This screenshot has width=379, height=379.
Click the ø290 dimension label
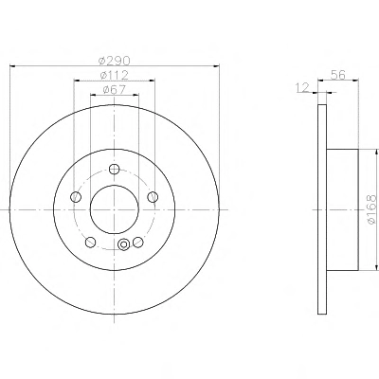114,60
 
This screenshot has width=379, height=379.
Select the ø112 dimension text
114,76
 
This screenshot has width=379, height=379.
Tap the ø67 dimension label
115,90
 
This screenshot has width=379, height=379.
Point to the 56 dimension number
338,75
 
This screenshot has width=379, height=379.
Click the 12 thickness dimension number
303,87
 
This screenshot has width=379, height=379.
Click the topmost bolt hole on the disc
114,169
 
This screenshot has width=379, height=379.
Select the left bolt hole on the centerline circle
76,197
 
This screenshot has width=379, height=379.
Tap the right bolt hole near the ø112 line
153,197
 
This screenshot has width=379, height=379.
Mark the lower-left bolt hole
91,243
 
